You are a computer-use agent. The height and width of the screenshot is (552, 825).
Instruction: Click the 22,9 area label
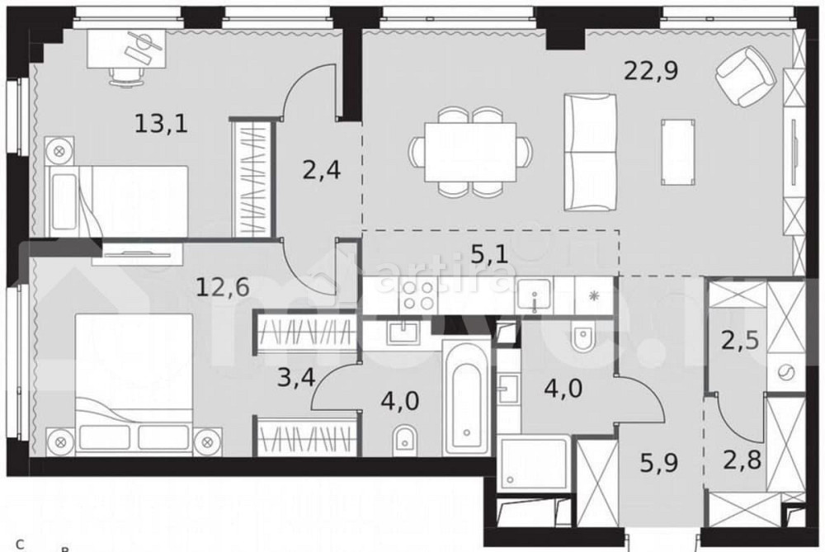(653, 72)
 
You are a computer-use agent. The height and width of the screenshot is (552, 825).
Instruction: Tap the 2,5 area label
(740, 340)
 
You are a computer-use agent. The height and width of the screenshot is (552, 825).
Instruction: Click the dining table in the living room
(471, 153)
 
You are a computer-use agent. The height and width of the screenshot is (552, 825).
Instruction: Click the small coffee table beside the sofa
(677, 147)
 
